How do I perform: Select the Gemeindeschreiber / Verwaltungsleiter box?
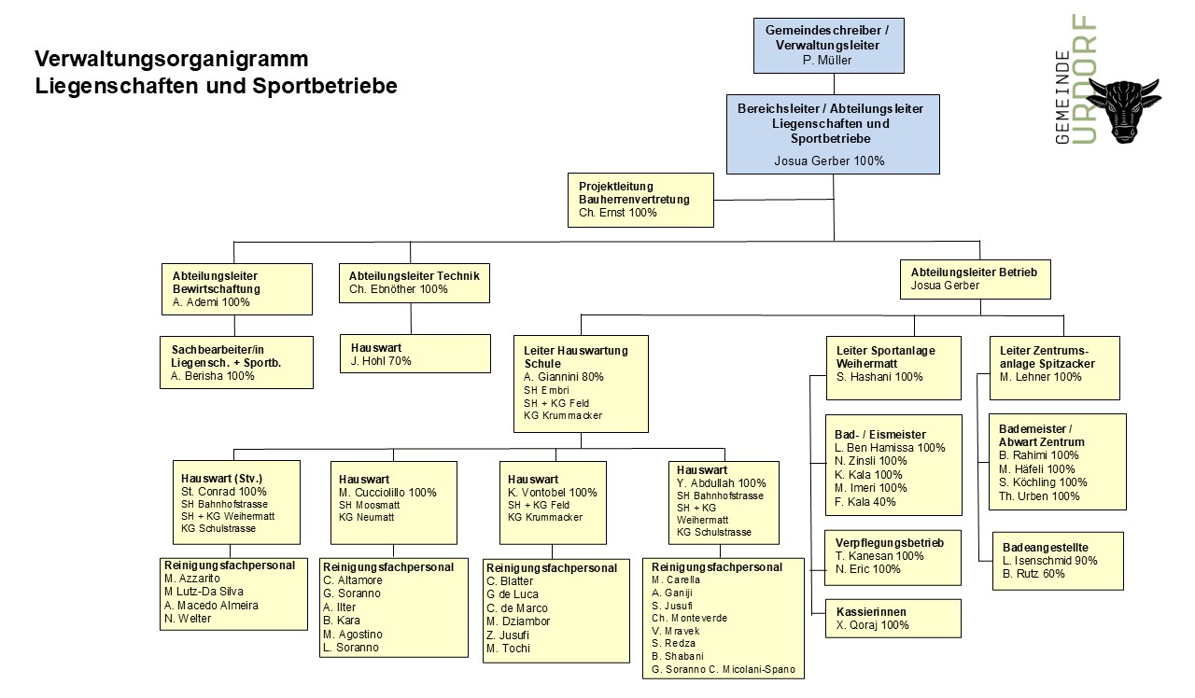[828, 45]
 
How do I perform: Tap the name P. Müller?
[827, 61]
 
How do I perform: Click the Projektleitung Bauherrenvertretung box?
[640, 200]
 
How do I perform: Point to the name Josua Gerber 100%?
[830, 161]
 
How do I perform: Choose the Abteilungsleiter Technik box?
[414, 283]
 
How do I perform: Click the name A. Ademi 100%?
[212, 302]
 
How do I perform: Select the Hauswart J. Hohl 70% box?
[414, 354]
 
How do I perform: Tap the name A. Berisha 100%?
[213, 376]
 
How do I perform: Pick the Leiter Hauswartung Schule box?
[581, 384]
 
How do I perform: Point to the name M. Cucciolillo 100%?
[387, 492]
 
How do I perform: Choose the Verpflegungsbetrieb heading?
[889, 543]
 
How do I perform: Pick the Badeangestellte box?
[1056, 560]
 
